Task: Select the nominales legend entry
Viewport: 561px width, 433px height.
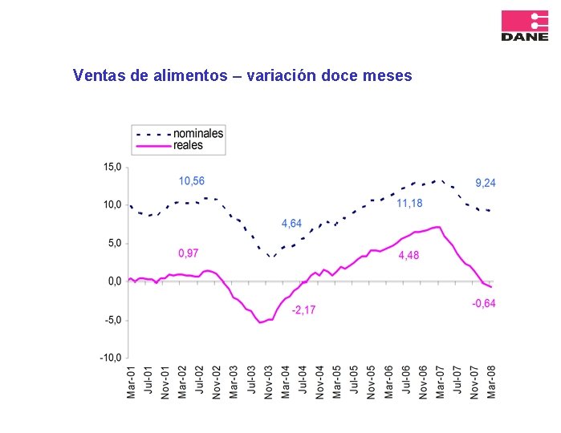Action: (198, 134)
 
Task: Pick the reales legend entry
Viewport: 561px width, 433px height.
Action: (188, 145)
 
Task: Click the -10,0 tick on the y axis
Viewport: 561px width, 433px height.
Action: (111, 358)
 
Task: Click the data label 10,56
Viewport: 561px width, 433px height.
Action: (191, 181)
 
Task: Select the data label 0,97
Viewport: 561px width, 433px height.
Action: (188, 253)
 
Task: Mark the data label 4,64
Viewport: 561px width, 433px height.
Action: (291, 224)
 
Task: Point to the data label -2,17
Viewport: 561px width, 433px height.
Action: (303, 310)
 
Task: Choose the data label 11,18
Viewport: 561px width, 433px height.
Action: (409, 204)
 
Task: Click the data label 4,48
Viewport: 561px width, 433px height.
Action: (409, 256)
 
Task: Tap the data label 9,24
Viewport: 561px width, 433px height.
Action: (486, 183)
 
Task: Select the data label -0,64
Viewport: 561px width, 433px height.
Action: (484, 303)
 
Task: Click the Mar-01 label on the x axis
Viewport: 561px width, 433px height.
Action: (131, 382)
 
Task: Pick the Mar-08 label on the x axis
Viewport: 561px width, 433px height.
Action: (491, 382)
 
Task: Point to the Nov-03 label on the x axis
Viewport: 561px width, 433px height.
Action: (269, 382)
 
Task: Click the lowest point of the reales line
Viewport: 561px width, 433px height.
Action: (260, 322)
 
